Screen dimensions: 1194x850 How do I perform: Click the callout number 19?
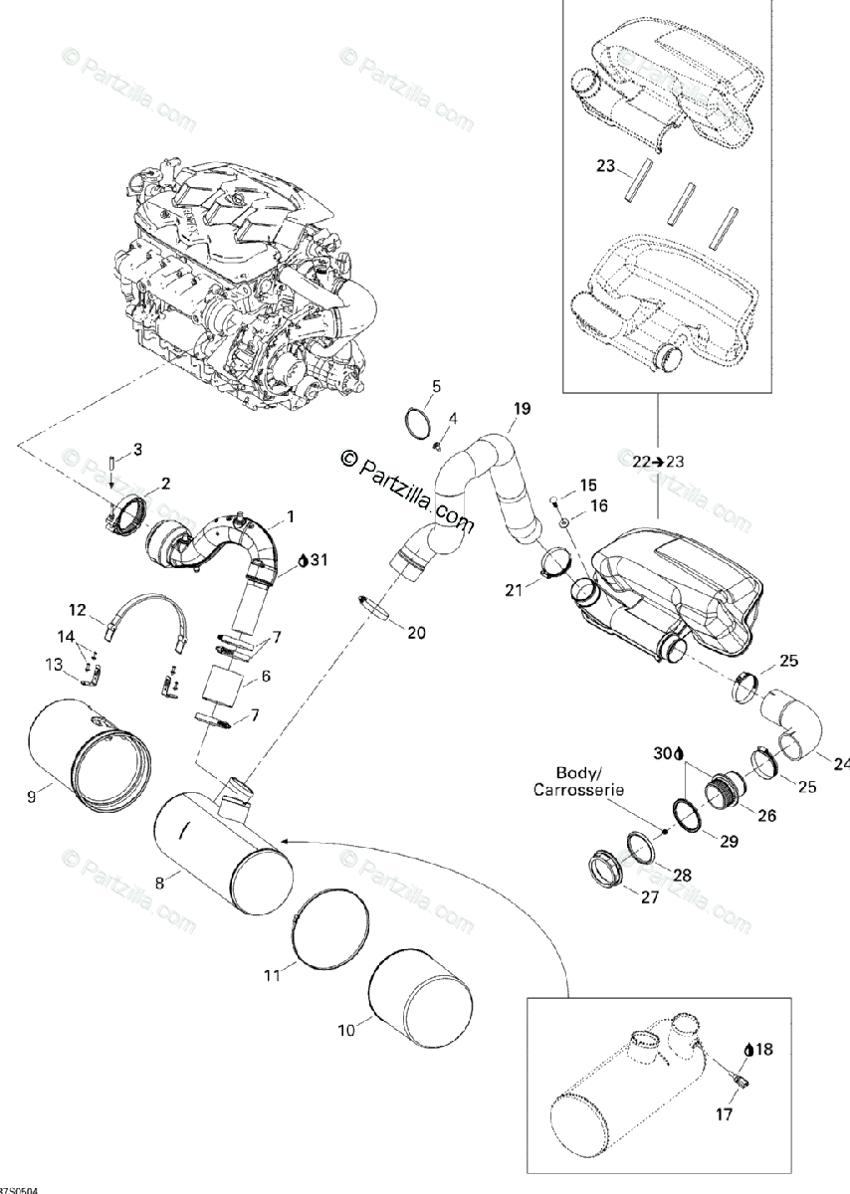522,409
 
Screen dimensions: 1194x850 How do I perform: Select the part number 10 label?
346,1031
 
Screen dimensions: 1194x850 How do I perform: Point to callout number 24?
842,764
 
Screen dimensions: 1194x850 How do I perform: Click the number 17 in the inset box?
725,1114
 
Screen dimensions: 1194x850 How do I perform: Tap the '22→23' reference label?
657,461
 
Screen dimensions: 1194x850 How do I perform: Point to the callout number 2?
165,484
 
